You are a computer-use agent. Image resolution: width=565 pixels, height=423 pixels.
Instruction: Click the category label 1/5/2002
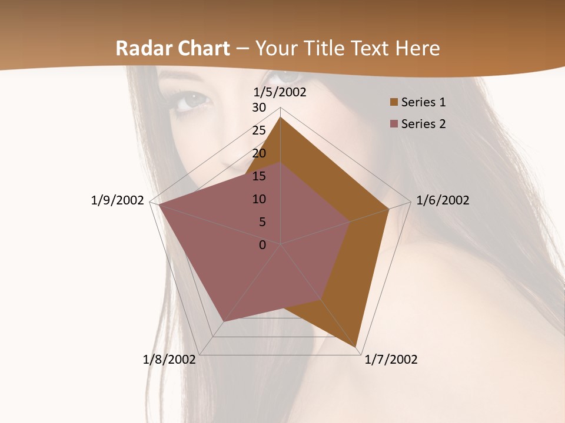click(280, 92)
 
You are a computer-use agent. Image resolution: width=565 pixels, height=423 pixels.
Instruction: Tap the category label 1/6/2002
click(443, 200)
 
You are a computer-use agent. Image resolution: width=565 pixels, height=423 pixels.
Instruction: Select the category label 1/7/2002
click(391, 360)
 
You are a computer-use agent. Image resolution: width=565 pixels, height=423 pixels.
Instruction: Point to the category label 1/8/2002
click(169, 360)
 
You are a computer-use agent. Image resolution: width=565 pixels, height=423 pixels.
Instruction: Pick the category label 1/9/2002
click(118, 200)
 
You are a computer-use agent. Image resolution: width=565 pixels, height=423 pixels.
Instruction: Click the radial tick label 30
click(259, 108)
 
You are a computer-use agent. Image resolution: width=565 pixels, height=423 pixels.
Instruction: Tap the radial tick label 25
click(259, 130)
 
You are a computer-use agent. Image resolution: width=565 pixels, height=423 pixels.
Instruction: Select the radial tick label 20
click(259, 153)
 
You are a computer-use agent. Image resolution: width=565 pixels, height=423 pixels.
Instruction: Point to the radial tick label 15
click(259, 176)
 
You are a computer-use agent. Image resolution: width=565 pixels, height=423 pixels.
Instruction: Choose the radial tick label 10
click(259, 199)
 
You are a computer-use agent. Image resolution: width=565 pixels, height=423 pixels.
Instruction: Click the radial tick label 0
click(262, 245)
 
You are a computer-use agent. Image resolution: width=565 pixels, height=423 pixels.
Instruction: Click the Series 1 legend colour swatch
click(394, 103)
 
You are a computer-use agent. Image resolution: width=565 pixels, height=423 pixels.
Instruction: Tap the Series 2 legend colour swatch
click(394, 124)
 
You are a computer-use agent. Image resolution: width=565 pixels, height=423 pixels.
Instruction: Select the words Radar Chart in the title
click(172, 48)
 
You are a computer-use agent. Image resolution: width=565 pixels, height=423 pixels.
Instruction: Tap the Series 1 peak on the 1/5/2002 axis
click(280, 117)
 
